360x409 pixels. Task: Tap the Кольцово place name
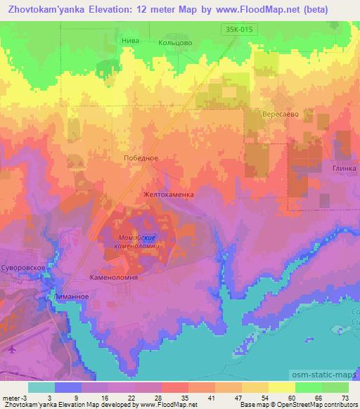pyautogui.click(x=174, y=42)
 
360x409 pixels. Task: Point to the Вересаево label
pyautogui.click(x=278, y=113)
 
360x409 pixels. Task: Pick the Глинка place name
pyautogui.click(x=344, y=169)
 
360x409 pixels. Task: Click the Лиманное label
pyautogui.click(x=70, y=297)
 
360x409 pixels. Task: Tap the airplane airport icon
pyautogui.click(x=12, y=348)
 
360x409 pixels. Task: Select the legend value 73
pyautogui.click(x=344, y=397)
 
